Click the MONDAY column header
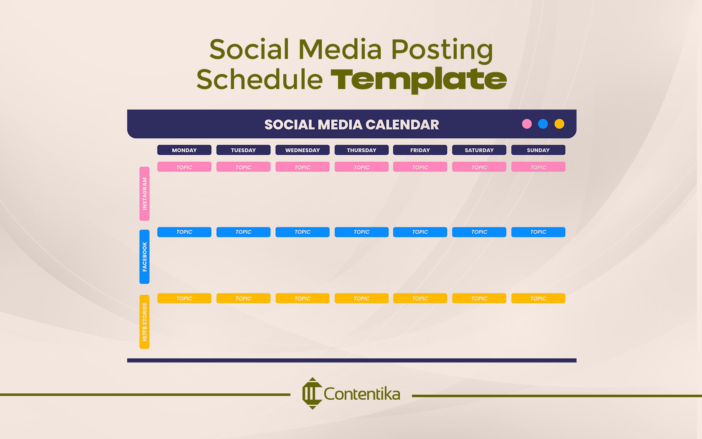[184, 150]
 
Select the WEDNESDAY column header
[303, 150]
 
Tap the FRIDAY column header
[420, 150]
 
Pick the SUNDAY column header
[538, 150]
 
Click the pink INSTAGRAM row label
[145, 194]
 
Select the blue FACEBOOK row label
[145, 257]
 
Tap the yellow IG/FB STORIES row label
[145, 322]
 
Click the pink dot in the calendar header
[527, 124]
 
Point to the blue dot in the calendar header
[543, 124]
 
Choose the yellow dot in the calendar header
[559, 124]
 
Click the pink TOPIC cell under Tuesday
[243, 167]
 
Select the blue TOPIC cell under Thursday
[361, 232]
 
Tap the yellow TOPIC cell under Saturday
[479, 299]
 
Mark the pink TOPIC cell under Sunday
[538, 167]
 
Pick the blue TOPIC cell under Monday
[184, 232]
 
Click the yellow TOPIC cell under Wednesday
[303, 299]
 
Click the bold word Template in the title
[419, 79]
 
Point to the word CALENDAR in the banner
[402, 125]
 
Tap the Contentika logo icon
[312, 393]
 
